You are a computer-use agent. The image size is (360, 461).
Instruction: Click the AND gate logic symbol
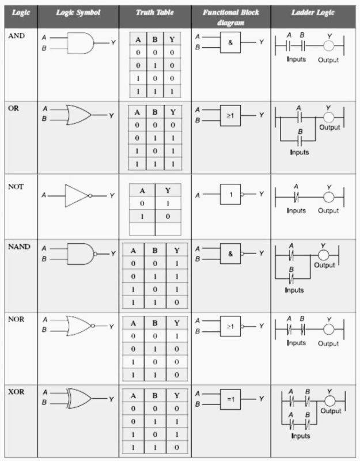[x=80, y=43]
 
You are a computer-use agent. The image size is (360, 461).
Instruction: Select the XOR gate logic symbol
[x=79, y=398]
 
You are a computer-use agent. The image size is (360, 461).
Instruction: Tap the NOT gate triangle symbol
[x=77, y=195]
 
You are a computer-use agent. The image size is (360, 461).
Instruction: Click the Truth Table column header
[x=155, y=12]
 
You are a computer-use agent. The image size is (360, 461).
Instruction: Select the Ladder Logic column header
[x=313, y=12]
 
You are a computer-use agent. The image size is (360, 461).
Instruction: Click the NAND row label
[x=19, y=247]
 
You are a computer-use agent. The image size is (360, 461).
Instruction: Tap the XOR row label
[x=16, y=392]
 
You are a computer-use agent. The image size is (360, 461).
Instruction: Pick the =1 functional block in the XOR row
[x=230, y=399]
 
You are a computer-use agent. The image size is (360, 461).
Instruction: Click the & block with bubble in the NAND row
[x=230, y=254]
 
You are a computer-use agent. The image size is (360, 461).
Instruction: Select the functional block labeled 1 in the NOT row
[x=230, y=194]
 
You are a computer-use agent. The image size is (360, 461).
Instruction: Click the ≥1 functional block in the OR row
[x=230, y=116]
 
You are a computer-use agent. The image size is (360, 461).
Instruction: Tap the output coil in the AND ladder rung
[x=329, y=46]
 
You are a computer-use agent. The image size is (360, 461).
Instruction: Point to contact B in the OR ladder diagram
[x=300, y=141]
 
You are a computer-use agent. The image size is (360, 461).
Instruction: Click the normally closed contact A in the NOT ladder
[x=296, y=197]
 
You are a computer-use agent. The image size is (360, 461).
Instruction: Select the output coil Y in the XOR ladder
[x=329, y=400]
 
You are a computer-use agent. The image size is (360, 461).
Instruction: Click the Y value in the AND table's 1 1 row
[x=172, y=92]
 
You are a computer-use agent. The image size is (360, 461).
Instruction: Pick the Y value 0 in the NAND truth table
[x=177, y=302]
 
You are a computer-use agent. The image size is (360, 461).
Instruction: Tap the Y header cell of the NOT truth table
[x=168, y=191]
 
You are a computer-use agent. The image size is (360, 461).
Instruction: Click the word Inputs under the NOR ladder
[x=296, y=343]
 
